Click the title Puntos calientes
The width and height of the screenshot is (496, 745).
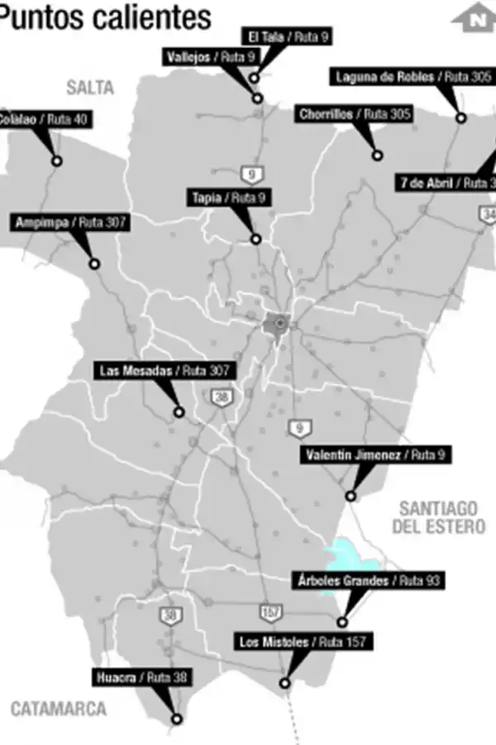(106, 16)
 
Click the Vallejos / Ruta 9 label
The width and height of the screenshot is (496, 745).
(211, 57)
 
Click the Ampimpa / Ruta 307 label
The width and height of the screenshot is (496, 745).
(71, 223)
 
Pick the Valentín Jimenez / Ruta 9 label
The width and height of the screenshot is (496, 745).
(376, 455)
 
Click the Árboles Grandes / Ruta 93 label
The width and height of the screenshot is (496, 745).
(370, 581)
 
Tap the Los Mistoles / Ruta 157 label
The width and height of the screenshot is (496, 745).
(303, 642)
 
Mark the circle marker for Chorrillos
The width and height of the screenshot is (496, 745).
(377, 155)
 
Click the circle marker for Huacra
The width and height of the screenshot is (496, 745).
(176, 719)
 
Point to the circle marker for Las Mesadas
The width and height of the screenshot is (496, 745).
(179, 411)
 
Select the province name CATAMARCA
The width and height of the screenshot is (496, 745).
(59, 709)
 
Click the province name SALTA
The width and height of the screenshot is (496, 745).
(90, 87)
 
